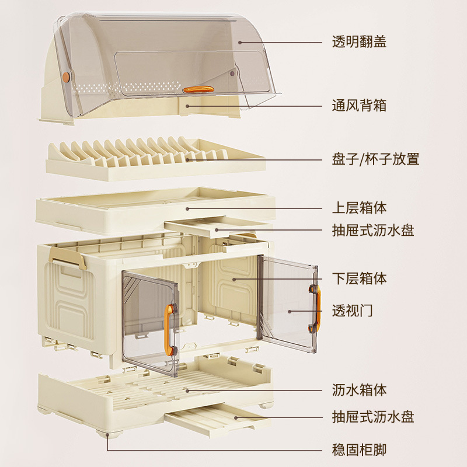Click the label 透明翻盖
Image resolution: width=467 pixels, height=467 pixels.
pyautogui.click(x=359, y=42)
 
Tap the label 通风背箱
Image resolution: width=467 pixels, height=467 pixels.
pyautogui.click(x=359, y=106)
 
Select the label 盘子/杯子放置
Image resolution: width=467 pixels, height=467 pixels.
pyautogui.click(x=375, y=159)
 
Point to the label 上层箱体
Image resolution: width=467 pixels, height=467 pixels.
pyautogui.click(x=359, y=208)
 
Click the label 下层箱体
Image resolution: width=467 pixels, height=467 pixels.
pyautogui.click(x=359, y=278)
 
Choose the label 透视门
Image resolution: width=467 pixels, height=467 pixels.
pyautogui.click(x=352, y=310)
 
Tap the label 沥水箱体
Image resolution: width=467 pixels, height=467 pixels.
pyautogui.click(x=359, y=389)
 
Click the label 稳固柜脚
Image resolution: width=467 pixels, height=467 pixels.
pyautogui.click(x=359, y=449)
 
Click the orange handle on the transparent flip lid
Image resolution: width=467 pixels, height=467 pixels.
pyautogui.click(x=199, y=89)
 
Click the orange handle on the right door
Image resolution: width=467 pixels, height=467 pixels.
pyautogui.click(x=317, y=305)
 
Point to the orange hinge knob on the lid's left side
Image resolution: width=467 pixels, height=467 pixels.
pyautogui.click(x=66, y=76)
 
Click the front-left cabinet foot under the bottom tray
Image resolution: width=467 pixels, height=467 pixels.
pyautogui.click(x=109, y=435)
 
